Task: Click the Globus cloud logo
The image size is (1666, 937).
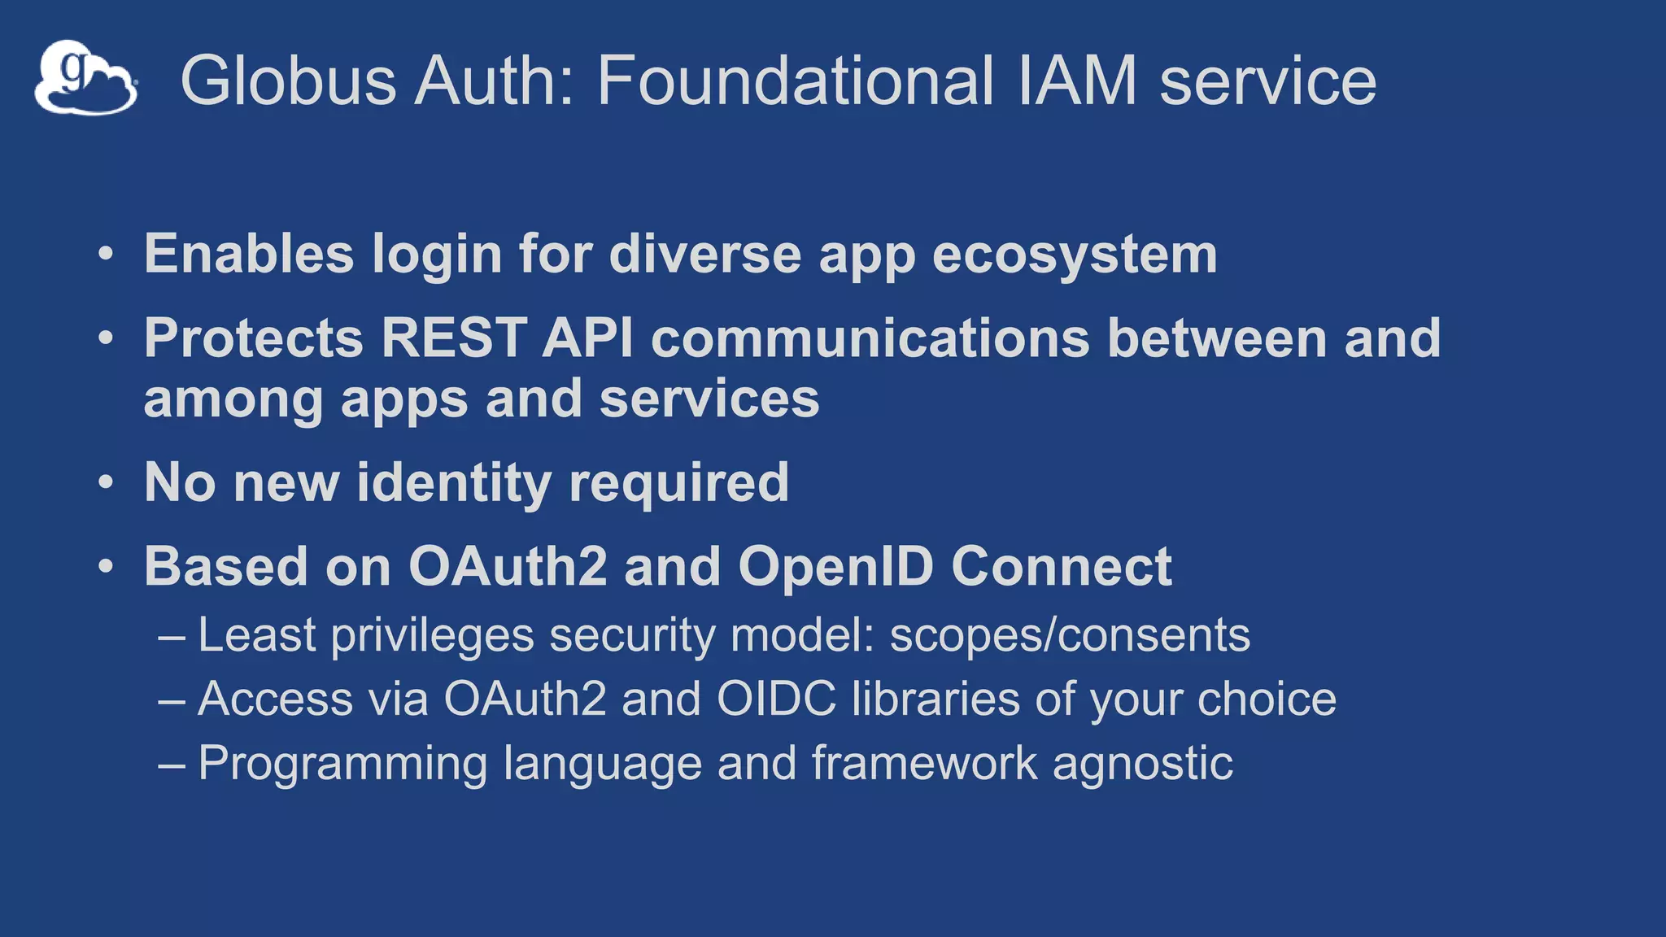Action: (x=85, y=78)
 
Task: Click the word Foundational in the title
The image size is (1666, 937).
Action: (x=795, y=81)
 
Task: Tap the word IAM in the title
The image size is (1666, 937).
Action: (x=1077, y=81)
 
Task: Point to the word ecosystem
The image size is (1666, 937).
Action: (x=1075, y=255)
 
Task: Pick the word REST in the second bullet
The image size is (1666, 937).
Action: (x=452, y=338)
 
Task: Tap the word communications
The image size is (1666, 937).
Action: (x=870, y=338)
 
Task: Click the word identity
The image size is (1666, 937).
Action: (x=454, y=483)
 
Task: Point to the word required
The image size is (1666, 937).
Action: (x=678, y=483)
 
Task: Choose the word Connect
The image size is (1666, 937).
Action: (x=1062, y=566)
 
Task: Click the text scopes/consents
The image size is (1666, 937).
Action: (x=1070, y=635)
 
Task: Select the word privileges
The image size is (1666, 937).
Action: (x=432, y=635)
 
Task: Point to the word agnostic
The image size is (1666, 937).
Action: (x=1143, y=764)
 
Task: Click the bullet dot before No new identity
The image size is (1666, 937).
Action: (x=106, y=482)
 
